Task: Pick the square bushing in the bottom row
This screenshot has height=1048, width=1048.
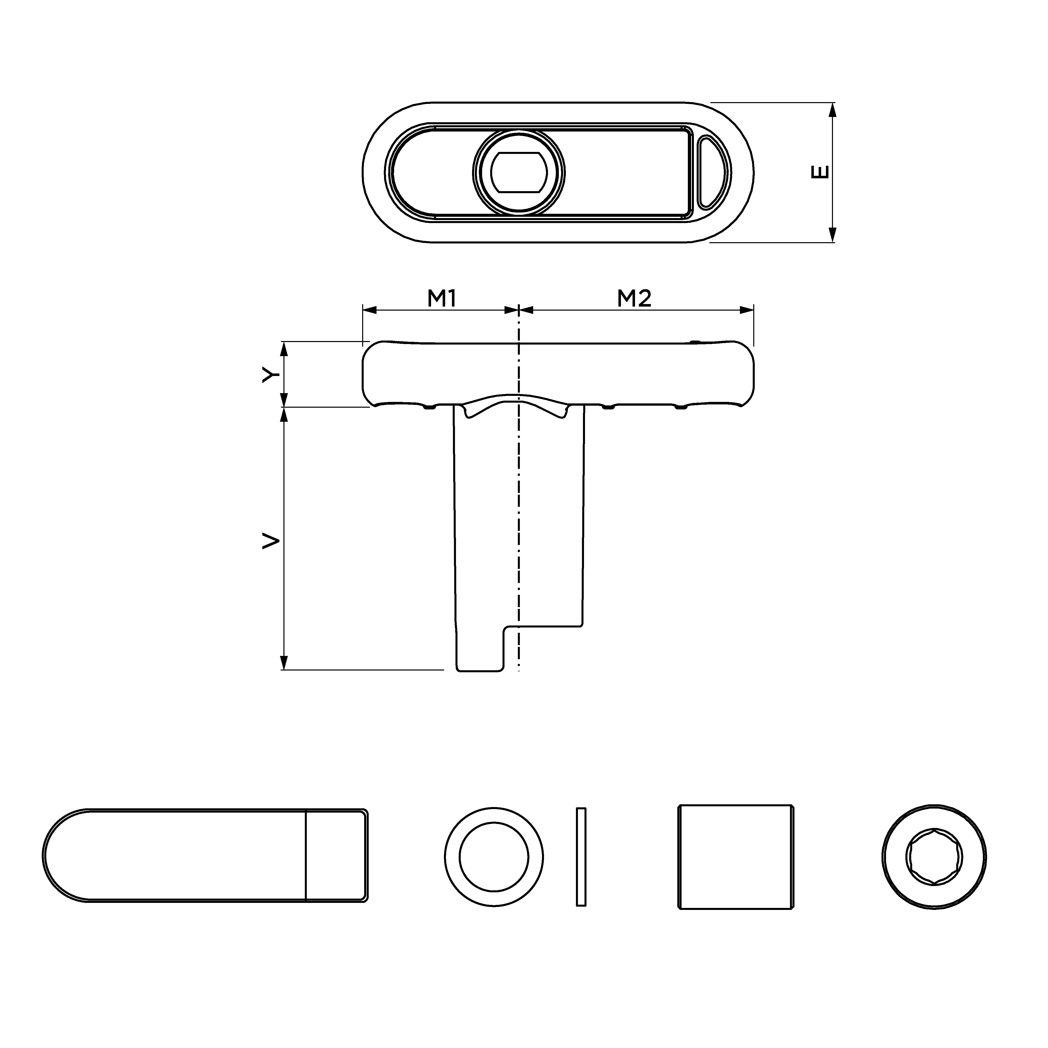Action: point(736,857)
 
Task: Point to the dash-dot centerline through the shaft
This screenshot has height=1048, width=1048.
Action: point(519,515)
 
